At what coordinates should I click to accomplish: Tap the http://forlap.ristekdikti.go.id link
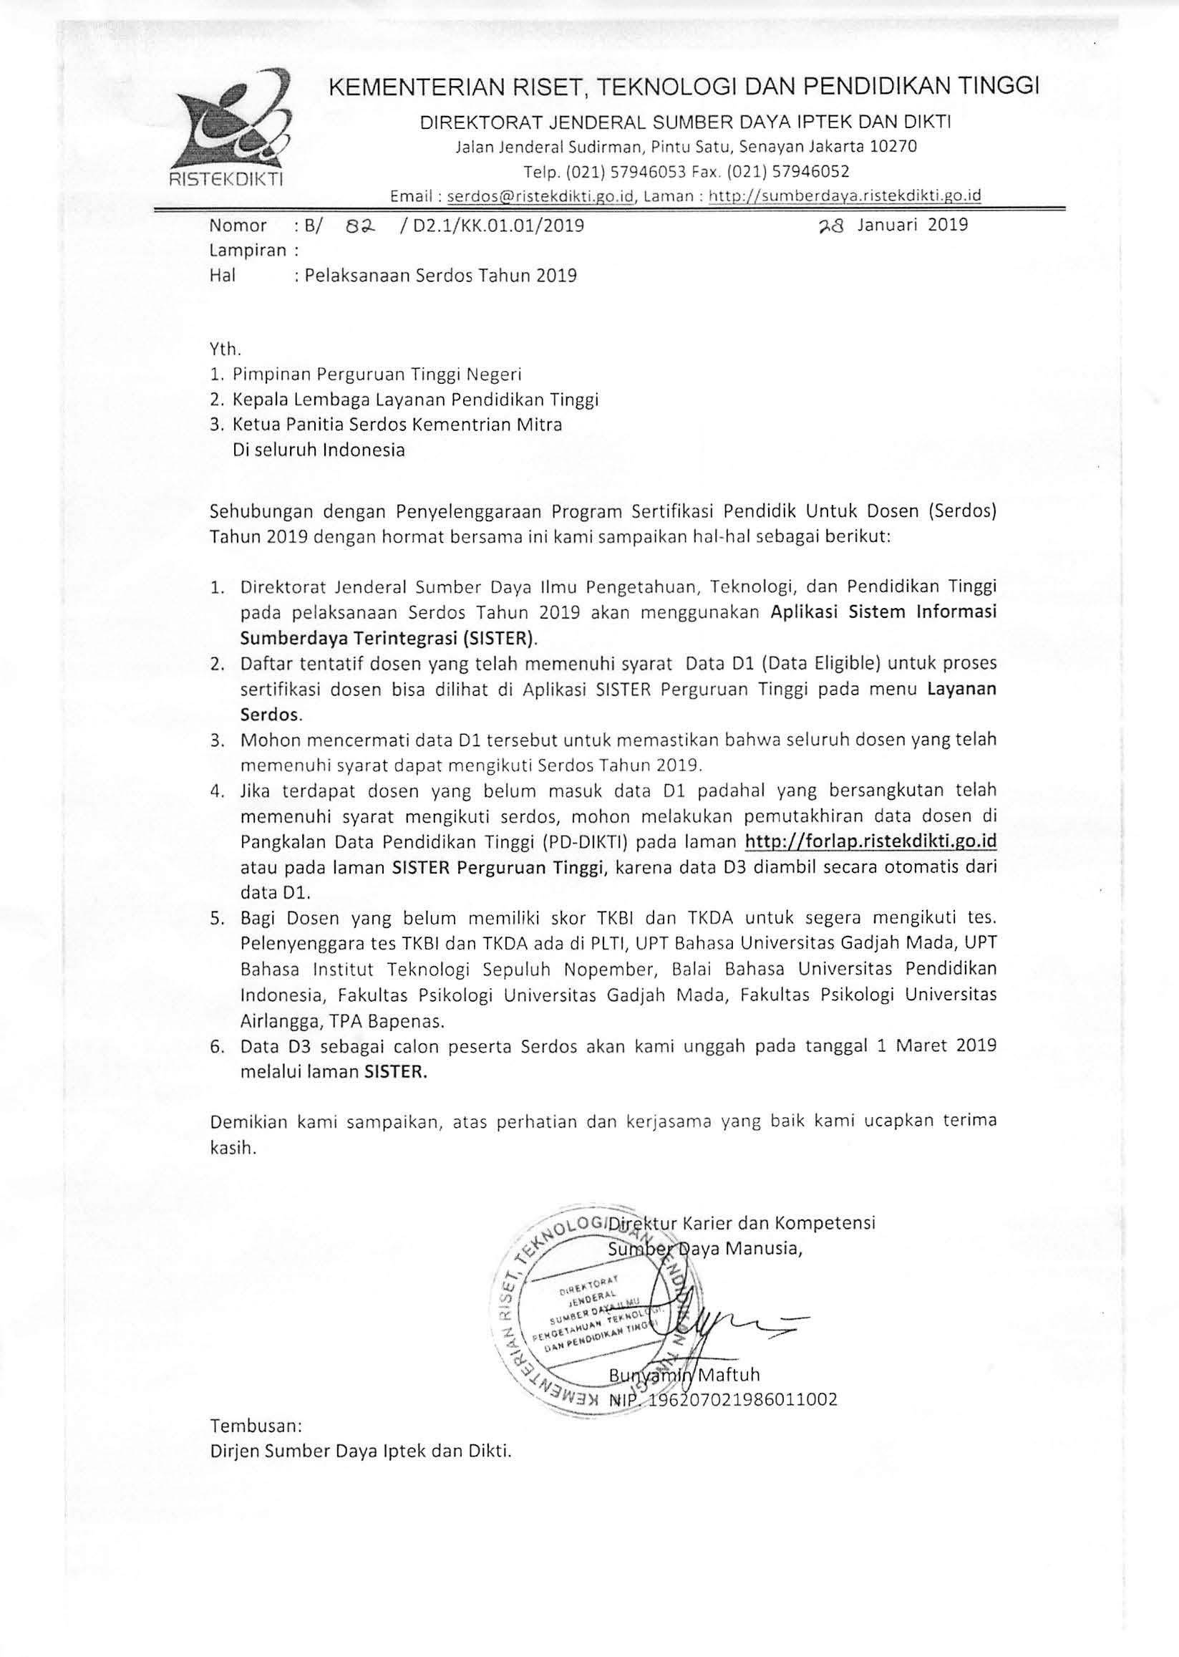870,841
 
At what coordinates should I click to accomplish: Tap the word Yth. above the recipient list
224,349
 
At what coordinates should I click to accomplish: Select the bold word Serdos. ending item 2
271,714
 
